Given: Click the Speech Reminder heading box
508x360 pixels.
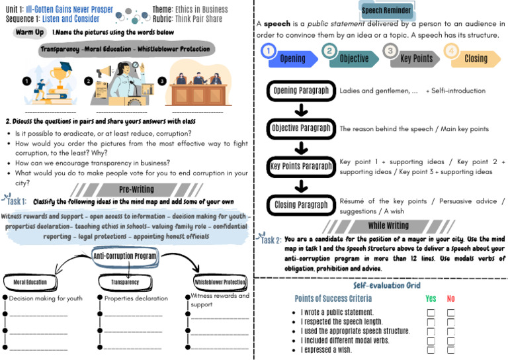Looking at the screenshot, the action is pyautogui.click(x=388, y=11).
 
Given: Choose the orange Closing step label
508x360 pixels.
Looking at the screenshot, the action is pyautogui.click(x=476, y=59).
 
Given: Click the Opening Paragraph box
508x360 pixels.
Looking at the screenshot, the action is pyautogui.click(x=301, y=91).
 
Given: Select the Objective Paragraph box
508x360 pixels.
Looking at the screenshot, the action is pyautogui.click(x=301, y=128).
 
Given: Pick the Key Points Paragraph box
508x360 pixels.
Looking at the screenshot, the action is pyautogui.click(x=301, y=167).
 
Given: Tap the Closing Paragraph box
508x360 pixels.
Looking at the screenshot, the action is pyautogui.click(x=301, y=205).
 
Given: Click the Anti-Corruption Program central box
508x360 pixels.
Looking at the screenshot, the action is pyautogui.click(x=124, y=256).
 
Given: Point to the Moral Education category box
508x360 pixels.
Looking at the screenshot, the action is pyautogui.click(x=30, y=282).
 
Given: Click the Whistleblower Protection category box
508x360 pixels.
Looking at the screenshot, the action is pyautogui.click(x=219, y=282).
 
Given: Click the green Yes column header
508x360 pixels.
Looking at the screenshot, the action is pyautogui.click(x=431, y=299).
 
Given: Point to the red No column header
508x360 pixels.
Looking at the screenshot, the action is pyautogui.click(x=451, y=299).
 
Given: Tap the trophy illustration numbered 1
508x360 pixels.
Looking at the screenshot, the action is pyautogui.click(x=50, y=81).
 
